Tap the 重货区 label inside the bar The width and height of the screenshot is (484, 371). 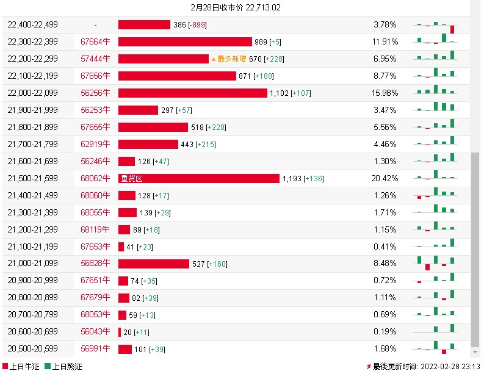pos(132,178)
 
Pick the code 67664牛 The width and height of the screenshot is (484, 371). pos(96,41)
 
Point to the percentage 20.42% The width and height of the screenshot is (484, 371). pos(386,178)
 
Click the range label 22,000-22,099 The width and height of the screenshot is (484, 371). pos(33,93)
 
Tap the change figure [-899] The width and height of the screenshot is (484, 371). pos(197,24)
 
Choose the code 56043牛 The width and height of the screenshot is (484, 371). pos(96,332)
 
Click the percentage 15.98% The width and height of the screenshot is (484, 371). pos(386,93)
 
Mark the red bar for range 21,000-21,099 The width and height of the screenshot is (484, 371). pos(154,264)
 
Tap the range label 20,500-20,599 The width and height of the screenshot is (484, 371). pos(33,349)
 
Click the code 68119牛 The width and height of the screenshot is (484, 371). pos(96,229)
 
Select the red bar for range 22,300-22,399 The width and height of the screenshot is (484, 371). pos(185,41)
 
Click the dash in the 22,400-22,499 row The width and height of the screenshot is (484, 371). pos(96,24)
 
